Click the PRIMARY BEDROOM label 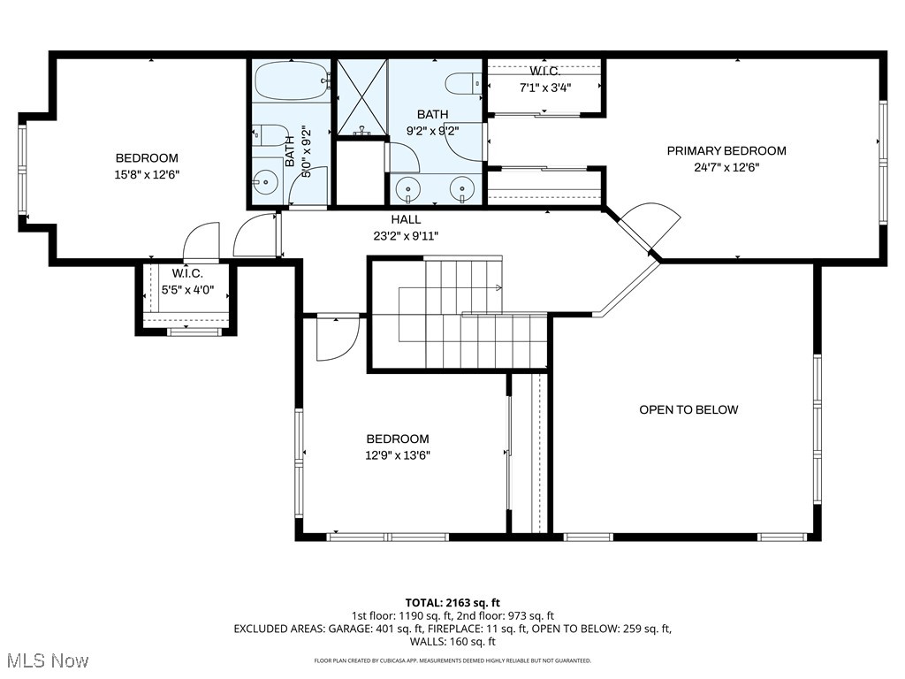(x=726, y=150)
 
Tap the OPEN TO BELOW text (x=688, y=409)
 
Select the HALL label (x=406, y=219)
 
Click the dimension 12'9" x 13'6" (x=398, y=455)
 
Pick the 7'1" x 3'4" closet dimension (x=544, y=88)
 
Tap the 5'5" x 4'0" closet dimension (x=187, y=289)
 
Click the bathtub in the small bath (x=291, y=82)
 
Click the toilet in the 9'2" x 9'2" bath (x=460, y=84)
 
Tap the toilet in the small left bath (x=274, y=136)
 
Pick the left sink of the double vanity (x=407, y=189)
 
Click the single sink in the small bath (x=264, y=184)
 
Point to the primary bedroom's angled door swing (x=652, y=221)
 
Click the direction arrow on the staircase (x=498, y=287)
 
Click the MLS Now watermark (x=47, y=660)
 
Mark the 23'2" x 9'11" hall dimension (x=406, y=235)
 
